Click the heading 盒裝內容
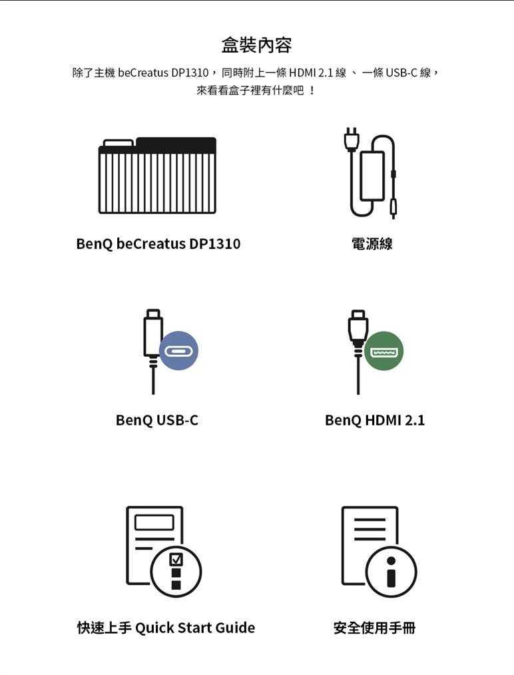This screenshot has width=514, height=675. point(256,45)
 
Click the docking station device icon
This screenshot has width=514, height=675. point(158,176)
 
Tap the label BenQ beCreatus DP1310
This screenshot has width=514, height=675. point(158,244)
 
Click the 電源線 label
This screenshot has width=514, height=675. point(372,244)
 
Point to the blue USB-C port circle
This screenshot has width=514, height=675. point(178,350)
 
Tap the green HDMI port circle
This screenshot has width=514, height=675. point(384,351)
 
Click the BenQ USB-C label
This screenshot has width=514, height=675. point(157,420)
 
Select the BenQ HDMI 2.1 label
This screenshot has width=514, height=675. point(375,420)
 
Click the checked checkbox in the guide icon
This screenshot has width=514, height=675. point(176,559)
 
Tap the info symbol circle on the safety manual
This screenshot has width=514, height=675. point(391,572)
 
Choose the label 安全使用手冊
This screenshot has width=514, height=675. point(375,628)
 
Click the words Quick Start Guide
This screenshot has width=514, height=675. point(195,628)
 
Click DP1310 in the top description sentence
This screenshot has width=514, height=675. point(190,73)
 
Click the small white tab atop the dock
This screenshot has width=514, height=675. point(119,143)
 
